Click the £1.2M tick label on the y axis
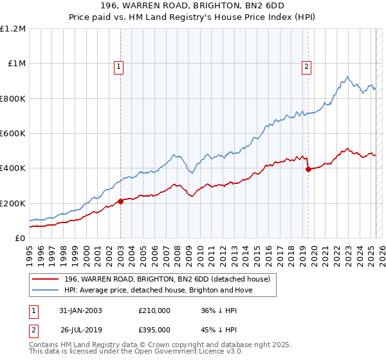click(13, 29)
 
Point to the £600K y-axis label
click(13, 134)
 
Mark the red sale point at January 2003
click(121, 201)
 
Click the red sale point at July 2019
click(308, 169)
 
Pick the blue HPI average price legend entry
click(158, 290)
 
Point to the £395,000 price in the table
click(154, 331)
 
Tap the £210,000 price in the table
click(154, 310)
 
